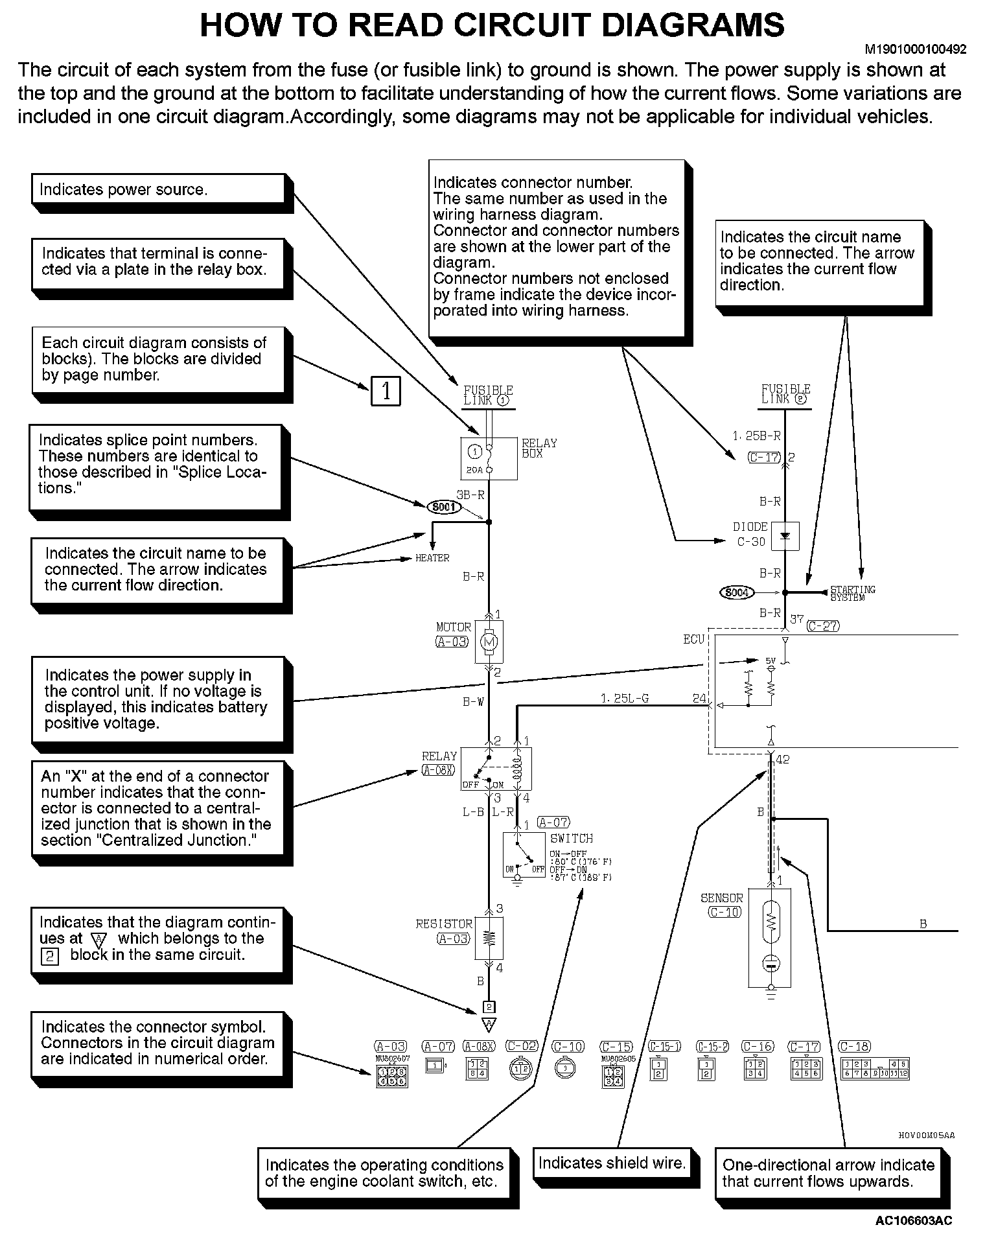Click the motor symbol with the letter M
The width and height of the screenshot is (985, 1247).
(x=489, y=642)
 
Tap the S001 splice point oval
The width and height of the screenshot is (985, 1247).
(x=444, y=507)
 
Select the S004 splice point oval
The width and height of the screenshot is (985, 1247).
(x=737, y=592)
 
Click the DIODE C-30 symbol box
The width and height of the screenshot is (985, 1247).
(x=785, y=537)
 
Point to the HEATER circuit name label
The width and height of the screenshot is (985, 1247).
(x=432, y=558)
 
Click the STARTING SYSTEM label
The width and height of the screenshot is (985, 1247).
(x=852, y=593)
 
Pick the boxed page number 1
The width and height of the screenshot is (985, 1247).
(x=386, y=391)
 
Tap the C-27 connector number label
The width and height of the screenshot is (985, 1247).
(x=822, y=625)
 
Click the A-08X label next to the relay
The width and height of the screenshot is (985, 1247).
(x=439, y=770)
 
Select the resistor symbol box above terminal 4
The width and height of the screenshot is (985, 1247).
(x=489, y=938)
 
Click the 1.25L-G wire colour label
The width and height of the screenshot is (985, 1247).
(x=624, y=698)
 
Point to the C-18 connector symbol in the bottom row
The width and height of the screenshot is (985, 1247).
(x=875, y=1068)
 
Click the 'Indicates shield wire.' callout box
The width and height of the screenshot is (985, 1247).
(x=612, y=1163)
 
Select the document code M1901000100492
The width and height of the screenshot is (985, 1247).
(x=915, y=49)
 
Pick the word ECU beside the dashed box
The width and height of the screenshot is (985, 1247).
(x=693, y=640)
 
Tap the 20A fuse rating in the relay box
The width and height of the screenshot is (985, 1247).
(x=474, y=469)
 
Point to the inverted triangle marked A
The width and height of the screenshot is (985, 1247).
(x=489, y=1024)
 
